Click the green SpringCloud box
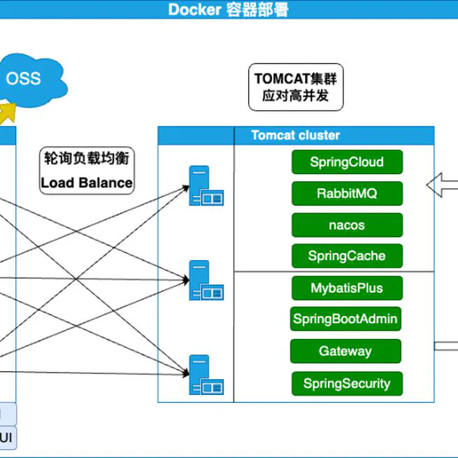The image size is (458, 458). (347, 162)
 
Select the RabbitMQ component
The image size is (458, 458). (347, 194)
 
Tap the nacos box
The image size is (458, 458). (347, 225)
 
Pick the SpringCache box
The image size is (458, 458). (347, 256)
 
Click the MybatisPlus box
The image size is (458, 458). (347, 287)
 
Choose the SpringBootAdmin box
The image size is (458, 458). (345, 319)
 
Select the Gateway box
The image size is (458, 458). (345, 351)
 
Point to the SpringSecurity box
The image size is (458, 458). (347, 383)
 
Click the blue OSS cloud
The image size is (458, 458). (28, 78)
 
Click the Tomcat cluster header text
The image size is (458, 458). (296, 136)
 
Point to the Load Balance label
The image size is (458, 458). (87, 183)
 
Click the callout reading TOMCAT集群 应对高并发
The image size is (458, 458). (296, 87)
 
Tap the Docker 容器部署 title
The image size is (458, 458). (228, 10)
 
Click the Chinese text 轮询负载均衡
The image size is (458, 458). (87, 159)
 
